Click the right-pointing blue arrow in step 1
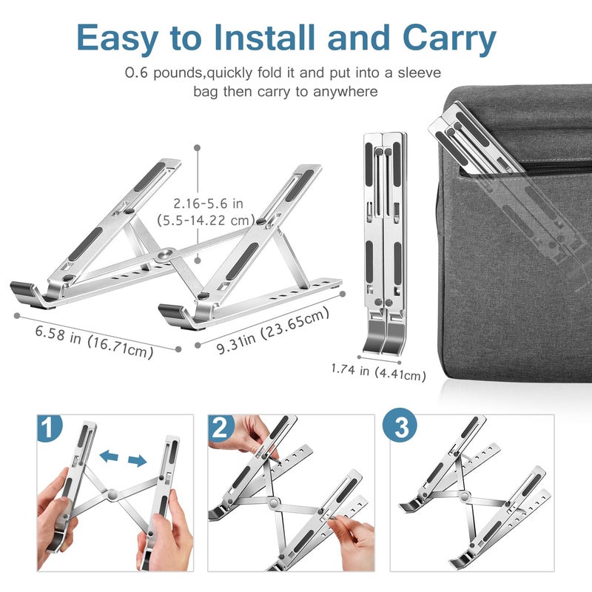click(x=137, y=461)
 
